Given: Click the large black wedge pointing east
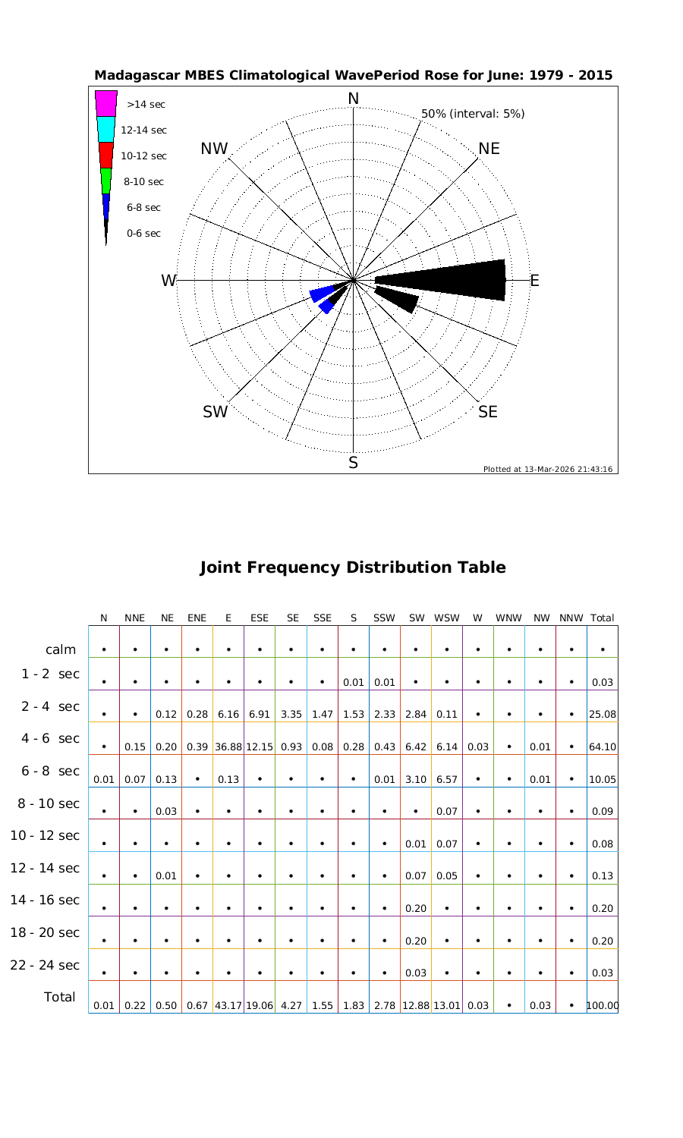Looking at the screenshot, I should [455, 280].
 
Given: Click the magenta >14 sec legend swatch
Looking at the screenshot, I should [106, 103].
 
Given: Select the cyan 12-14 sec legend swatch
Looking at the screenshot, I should [106, 129].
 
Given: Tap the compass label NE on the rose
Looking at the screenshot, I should [489, 149].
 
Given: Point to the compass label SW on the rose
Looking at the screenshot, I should [216, 412].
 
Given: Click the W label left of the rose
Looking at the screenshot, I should [168, 281].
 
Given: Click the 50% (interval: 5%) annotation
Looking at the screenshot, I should [473, 114].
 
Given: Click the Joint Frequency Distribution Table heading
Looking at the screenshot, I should [352, 567].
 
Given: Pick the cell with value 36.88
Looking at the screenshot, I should [228, 747].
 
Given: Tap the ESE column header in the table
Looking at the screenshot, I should [260, 618].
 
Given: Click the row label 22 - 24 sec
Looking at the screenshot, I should [45, 965].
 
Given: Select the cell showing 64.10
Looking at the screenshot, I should [602, 747].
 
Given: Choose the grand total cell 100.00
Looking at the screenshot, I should [603, 1006].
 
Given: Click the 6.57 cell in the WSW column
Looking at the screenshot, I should [446, 778].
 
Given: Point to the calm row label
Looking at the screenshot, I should [61, 649].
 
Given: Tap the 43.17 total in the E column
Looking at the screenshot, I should [228, 1006].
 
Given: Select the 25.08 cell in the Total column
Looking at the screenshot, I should [602, 714].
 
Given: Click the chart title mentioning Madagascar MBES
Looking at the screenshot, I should [353, 76].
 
